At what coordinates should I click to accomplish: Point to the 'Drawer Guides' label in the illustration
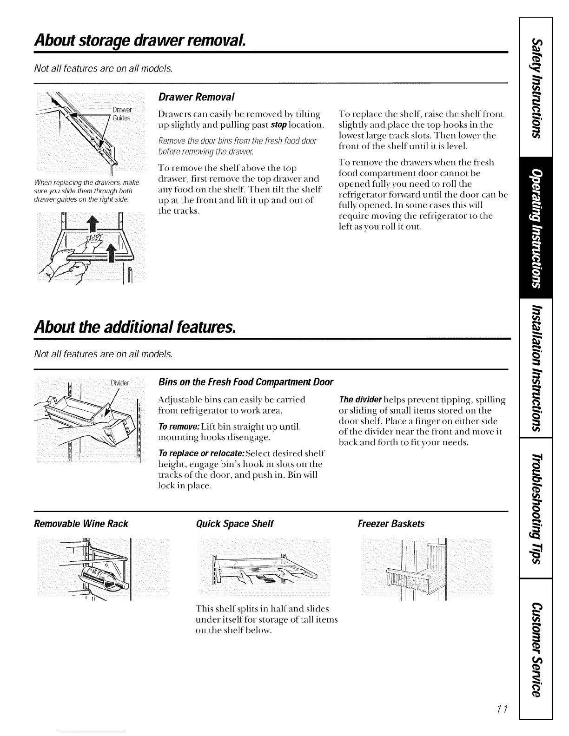click(x=122, y=114)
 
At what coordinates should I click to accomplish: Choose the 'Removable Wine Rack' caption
click(x=81, y=524)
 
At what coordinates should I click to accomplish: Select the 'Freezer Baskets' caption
click(x=391, y=524)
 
